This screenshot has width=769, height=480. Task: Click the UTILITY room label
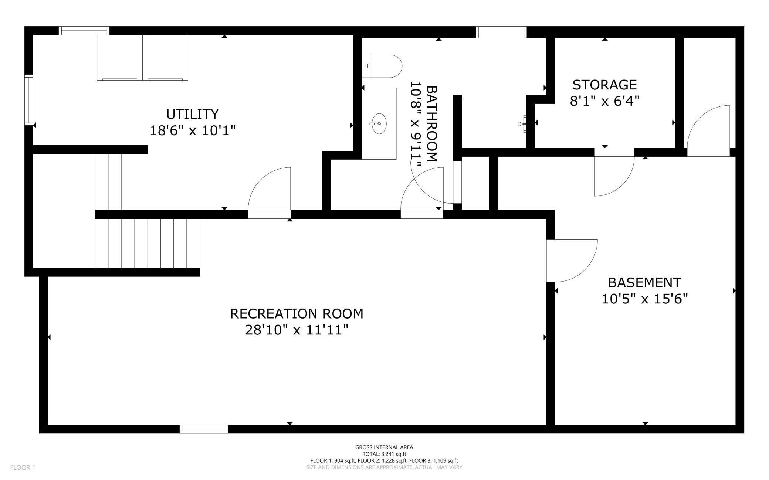click(x=192, y=114)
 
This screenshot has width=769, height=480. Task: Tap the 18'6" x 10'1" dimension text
click(x=192, y=130)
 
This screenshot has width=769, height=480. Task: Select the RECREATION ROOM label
click(x=297, y=314)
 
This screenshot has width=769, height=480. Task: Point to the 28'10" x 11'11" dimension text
click(x=297, y=330)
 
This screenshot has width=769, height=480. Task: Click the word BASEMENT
click(x=644, y=283)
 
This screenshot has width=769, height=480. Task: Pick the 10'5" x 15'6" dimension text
click(x=644, y=299)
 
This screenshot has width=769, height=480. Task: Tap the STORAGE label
click(x=604, y=85)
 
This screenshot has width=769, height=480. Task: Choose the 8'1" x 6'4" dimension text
click(x=604, y=101)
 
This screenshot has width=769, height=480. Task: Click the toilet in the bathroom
click(x=382, y=66)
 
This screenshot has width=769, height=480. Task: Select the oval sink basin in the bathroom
click(x=379, y=124)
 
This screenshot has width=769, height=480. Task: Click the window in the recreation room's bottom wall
click(x=204, y=429)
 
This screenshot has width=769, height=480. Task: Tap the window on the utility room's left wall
click(x=29, y=100)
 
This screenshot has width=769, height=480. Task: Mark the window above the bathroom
click(x=501, y=32)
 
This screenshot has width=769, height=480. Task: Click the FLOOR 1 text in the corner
click(x=23, y=467)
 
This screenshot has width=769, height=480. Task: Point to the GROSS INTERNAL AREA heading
click(x=384, y=447)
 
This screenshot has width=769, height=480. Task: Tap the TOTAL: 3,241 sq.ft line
click(x=384, y=454)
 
